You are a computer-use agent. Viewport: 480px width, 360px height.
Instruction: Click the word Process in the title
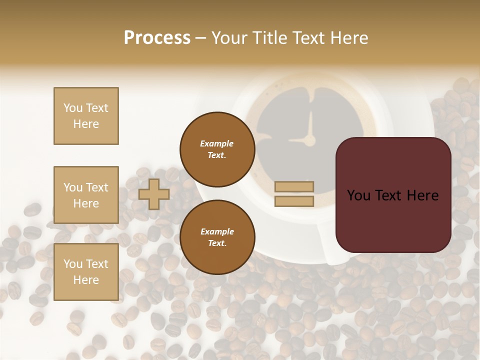[x=157, y=38]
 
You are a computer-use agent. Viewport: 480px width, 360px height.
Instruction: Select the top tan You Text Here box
[x=86, y=116]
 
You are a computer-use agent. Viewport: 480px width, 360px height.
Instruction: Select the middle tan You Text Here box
[x=86, y=195]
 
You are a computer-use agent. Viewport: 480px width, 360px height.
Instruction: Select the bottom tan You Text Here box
[x=86, y=272]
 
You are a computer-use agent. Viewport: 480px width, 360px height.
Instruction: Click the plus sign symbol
[x=154, y=194]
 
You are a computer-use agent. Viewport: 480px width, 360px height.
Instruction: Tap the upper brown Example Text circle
[x=217, y=149]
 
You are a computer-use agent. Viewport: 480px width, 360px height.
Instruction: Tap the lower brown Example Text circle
[x=217, y=237]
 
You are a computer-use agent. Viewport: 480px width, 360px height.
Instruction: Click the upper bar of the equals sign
[x=294, y=186]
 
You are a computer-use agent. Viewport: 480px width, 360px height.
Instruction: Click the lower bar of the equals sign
[x=294, y=201]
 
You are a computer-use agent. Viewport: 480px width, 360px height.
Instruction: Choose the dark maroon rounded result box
[x=393, y=195]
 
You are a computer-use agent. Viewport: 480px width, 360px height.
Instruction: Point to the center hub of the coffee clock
[x=310, y=139]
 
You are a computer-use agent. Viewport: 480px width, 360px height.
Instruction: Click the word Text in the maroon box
[x=393, y=195]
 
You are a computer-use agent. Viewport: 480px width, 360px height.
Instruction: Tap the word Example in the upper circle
[x=217, y=143]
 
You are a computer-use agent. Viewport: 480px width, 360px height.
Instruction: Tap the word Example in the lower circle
[x=217, y=231]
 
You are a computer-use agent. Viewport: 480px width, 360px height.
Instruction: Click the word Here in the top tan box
[x=86, y=124]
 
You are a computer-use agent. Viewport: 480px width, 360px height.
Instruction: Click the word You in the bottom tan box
[x=72, y=264]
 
